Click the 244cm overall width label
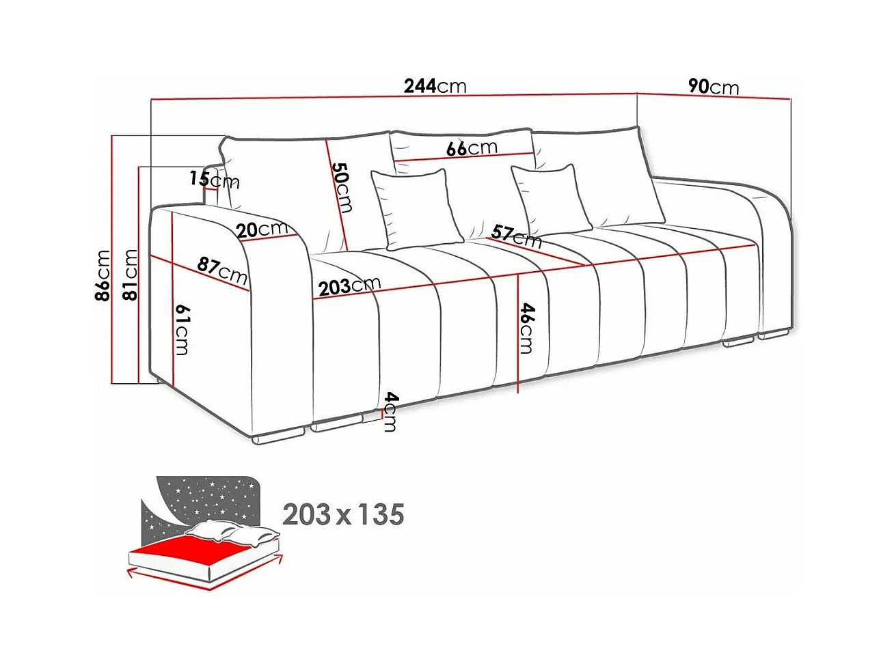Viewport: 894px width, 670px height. (435, 86)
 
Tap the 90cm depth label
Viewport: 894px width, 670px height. (713, 87)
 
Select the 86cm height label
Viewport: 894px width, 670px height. (103, 275)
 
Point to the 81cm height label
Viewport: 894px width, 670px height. (130, 275)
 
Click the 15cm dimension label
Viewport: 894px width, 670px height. (214, 180)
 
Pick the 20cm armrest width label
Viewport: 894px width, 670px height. (262, 229)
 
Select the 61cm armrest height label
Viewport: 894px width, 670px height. (182, 329)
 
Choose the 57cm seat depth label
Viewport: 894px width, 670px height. (517, 236)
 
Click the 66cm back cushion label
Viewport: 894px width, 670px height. (472, 148)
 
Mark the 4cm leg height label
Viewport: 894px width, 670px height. (390, 411)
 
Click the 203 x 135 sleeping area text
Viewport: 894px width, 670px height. (343, 514)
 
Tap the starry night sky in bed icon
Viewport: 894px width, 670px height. (205, 499)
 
